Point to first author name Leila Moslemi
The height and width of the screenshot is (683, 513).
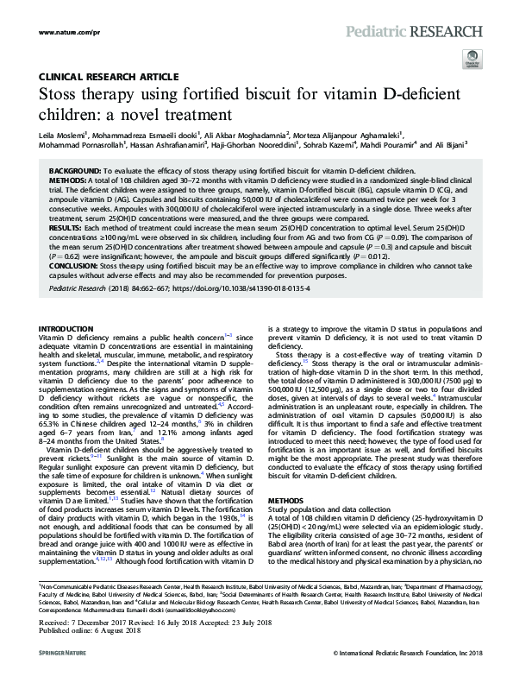coord(66,135)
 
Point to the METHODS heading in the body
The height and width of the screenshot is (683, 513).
coord(286,476)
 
